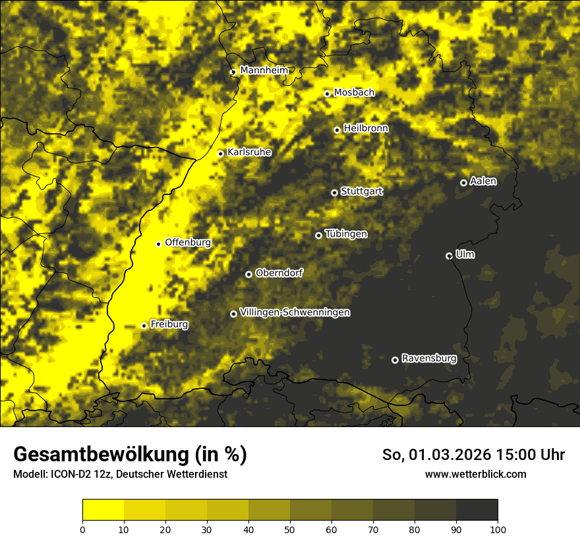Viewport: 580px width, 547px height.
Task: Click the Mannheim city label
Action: point(264,70)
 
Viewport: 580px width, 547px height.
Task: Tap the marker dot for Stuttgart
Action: point(334,192)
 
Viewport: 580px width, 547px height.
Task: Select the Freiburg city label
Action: point(169,324)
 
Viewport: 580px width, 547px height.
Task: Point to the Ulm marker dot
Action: point(449,256)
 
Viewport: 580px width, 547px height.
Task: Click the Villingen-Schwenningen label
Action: point(295,312)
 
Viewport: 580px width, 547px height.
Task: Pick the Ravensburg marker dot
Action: point(395,360)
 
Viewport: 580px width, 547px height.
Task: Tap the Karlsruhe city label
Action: point(248,152)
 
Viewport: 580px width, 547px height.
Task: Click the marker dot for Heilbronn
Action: point(337,130)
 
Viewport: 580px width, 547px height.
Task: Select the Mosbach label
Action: point(354,93)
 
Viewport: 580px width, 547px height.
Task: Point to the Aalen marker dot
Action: point(463,183)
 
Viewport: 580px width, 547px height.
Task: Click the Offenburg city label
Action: point(188,243)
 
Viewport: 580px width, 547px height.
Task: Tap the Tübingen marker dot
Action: point(318,235)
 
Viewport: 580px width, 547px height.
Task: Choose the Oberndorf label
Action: point(279,273)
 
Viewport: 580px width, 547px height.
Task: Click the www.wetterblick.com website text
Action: point(475,474)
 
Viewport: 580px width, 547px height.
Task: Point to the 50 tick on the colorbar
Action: point(290,529)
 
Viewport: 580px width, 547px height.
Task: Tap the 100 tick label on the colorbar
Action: point(498,529)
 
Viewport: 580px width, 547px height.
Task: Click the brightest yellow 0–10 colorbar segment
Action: point(103,510)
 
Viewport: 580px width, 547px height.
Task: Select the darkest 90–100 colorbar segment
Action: point(477,510)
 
